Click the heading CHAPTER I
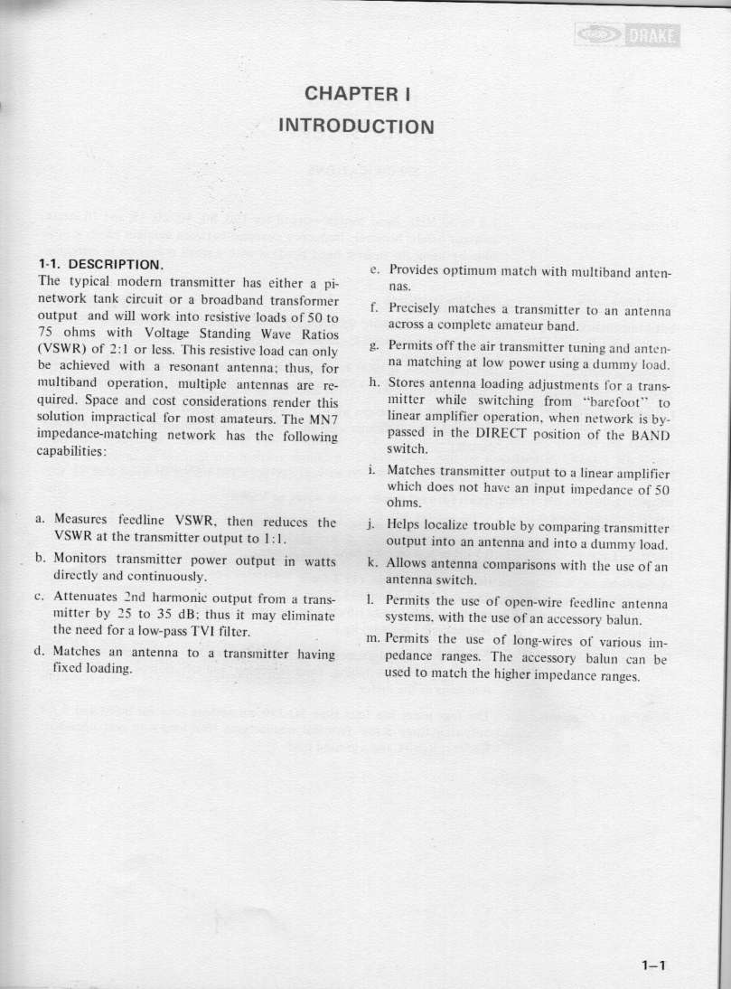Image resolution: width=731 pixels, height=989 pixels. [x=359, y=93]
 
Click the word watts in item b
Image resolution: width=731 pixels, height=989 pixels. [x=316, y=558]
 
